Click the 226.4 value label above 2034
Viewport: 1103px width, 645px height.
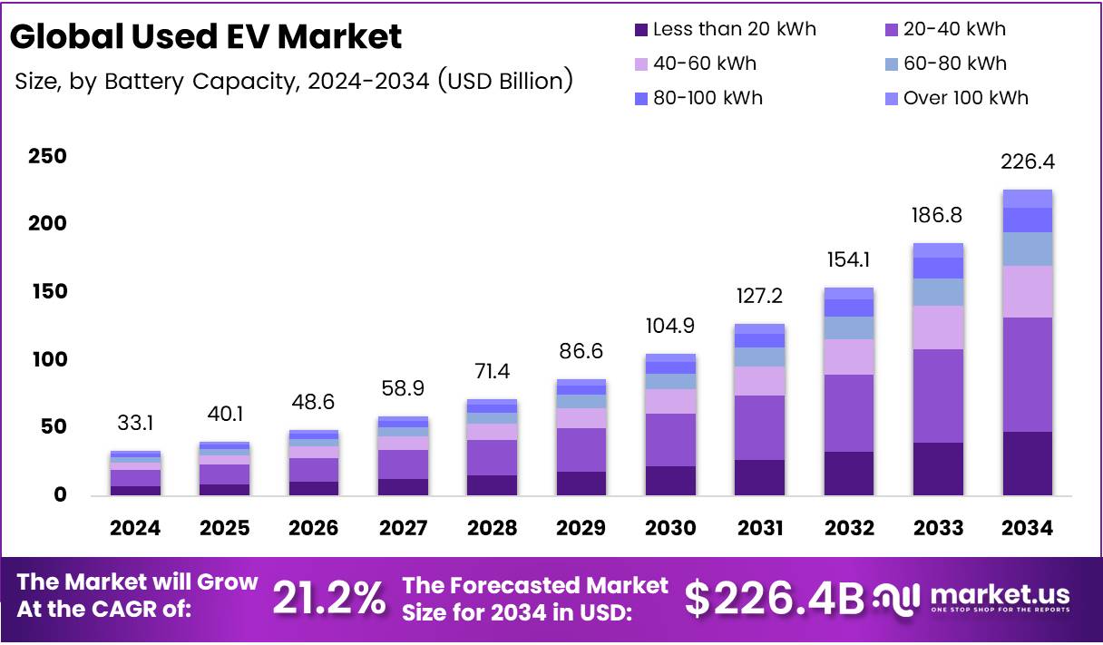(1027, 162)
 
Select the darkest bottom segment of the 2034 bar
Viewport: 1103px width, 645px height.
(1027, 464)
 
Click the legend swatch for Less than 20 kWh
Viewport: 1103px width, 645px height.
(641, 30)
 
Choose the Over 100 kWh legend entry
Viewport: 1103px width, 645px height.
(965, 98)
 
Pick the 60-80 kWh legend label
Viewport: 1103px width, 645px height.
(954, 64)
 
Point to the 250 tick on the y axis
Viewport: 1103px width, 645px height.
(46, 156)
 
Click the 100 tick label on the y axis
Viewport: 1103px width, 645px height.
(46, 359)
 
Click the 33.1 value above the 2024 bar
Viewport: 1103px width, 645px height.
(136, 424)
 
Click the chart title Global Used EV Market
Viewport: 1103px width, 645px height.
(206, 37)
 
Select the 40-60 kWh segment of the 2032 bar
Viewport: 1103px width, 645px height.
(847, 357)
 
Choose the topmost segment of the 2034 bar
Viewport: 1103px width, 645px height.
(1027, 199)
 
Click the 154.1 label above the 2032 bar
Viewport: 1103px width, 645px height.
(847, 259)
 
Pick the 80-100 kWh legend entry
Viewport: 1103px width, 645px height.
(708, 98)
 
